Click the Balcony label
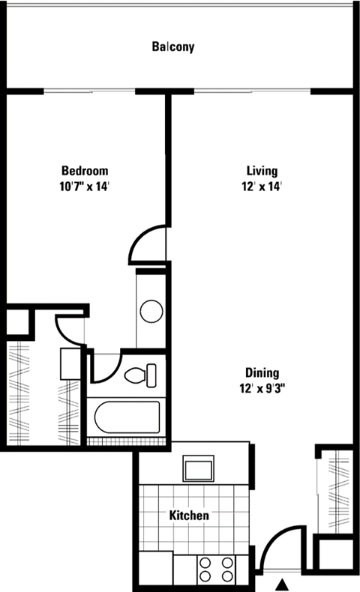point(173,47)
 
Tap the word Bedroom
point(84,171)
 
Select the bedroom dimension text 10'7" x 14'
point(84,187)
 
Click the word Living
point(262,170)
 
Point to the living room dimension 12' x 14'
point(262,187)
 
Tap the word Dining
point(262,372)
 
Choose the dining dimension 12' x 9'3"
point(262,388)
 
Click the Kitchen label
point(188,516)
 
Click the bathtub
point(125,417)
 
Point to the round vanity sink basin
point(151,311)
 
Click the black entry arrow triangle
point(283,584)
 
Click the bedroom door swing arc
point(147,244)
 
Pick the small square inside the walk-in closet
point(70,363)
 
